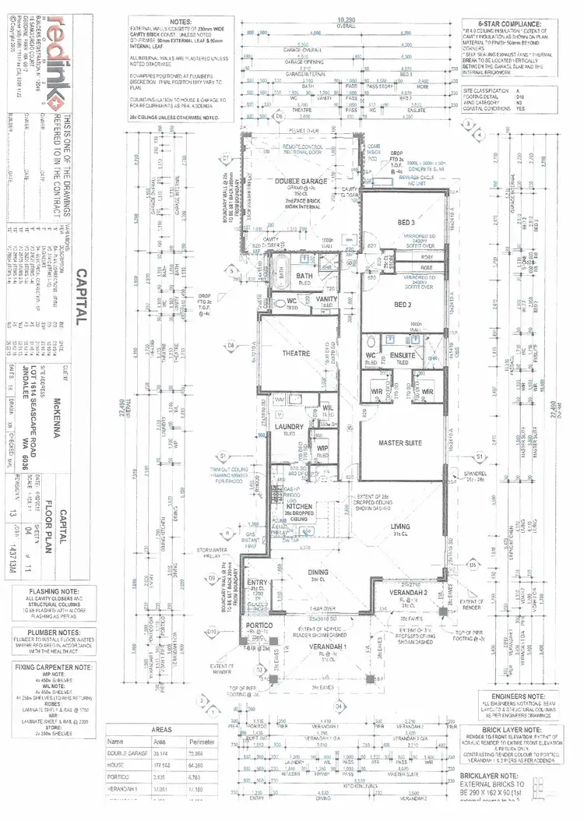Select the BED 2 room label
[402, 305]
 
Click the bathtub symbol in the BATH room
[282, 274]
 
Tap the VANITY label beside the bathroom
[326, 298]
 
